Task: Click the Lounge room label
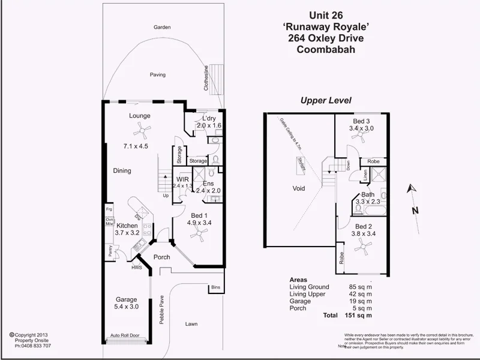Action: pyautogui.click(x=139, y=116)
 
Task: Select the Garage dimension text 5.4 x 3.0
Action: pyautogui.click(x=127, y=307)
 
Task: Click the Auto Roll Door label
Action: pyautogui.click(x=125, y=336)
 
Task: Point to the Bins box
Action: pyautogui.click(x=216, y=289)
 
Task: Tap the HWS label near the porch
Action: pyautogui.click(x=136, y=268)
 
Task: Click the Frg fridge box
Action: pyautogui.click(x=109, y=209)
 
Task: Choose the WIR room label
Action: pyautogui.click(x=183, y=179)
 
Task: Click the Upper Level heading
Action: pyautogui.click(x=326, y=101)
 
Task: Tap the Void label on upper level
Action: pyautogui.click(x=298, y=188)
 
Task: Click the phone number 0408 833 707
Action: pyautogui.click(x=34, y=346)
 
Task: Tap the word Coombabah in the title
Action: pyautogui.click(x=326, y=50)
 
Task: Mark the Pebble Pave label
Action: pyautogui.click(x=161, y=310)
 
